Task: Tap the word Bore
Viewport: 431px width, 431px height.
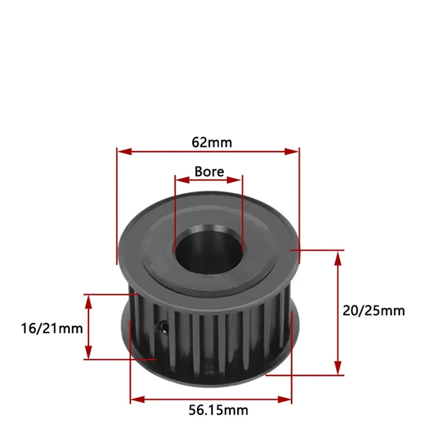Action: click(209, 171)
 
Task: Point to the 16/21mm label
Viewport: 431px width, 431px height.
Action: click(45, 328)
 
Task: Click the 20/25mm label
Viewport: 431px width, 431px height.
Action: click(374, 310)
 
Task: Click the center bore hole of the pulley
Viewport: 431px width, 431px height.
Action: click(207, 251)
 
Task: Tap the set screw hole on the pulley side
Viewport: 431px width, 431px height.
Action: click(162, 326)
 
